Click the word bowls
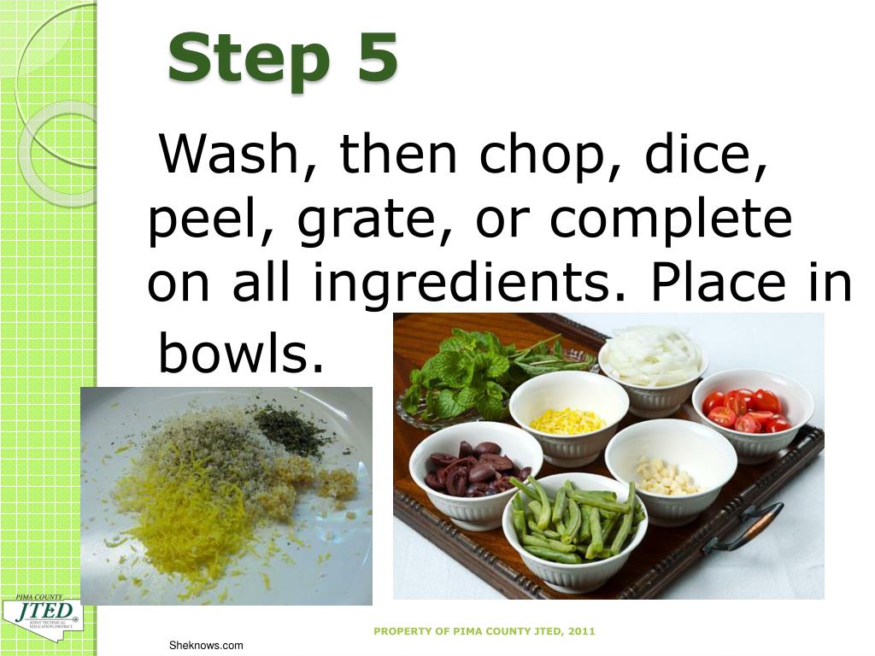pyautogui.click(x=232, y=354)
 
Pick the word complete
pyautogui.click(x=671, y=220)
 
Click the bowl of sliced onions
pyautogui.click(x=653, y=364)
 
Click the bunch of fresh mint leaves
pyautogui.click(x=466, y=372)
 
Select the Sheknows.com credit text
pyautogui.click(x=205, y=646)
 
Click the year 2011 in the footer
pyautogui.click(x=580, y=631)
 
